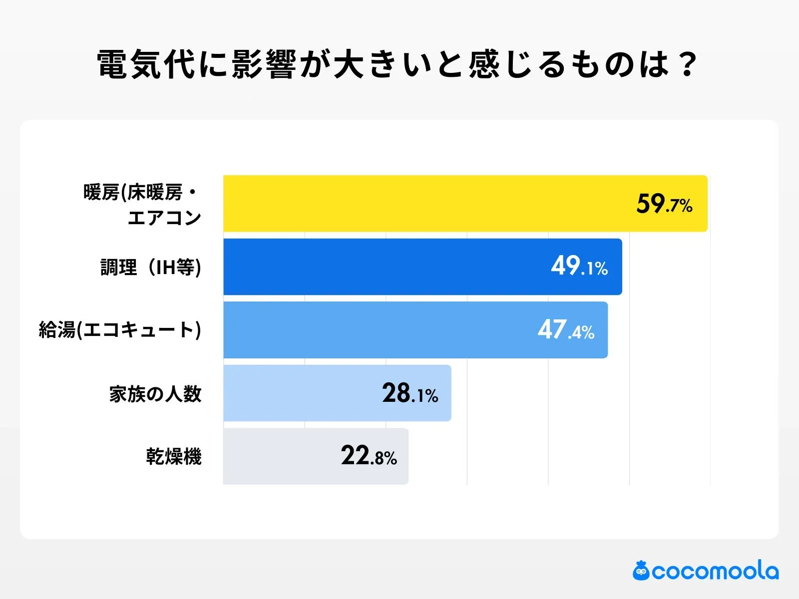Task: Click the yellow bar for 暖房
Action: point(424,203)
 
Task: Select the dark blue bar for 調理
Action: point(385,267)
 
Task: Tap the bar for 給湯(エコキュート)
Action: point(380,330)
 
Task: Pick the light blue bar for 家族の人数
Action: point(300,393)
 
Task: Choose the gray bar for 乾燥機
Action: point(280,456)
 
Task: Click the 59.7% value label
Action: point(664,204)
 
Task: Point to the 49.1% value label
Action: point(579,267)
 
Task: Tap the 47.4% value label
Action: point(566,330)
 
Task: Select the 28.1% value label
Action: point(410,393)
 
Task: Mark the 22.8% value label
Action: point(369,456)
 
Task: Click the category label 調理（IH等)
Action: point(151,267)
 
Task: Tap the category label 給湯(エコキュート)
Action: point(120,330)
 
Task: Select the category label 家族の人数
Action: point(155,394)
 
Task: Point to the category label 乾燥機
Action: point(174,457)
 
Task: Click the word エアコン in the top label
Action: point(164,218)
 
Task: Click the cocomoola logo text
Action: point(715,571)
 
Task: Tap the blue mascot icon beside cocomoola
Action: point(641,571)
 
